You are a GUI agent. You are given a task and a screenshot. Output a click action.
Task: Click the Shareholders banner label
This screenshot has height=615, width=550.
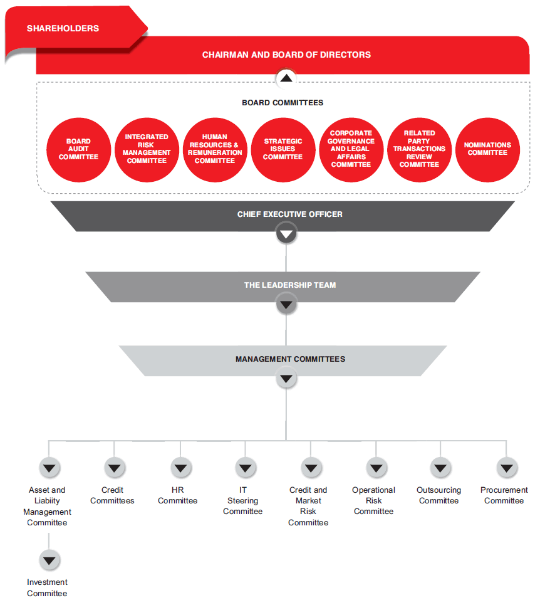[x=63, y=28]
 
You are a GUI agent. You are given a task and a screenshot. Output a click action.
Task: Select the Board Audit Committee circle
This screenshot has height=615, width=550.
[x=78, y=150]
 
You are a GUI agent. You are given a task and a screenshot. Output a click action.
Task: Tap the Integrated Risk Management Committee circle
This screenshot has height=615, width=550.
[x=147, y=150]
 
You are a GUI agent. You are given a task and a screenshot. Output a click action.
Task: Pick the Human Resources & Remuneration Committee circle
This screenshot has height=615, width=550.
[x=215, y=150]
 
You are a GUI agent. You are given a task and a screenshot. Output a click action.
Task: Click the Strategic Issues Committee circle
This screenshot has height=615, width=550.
[x=283, y=150]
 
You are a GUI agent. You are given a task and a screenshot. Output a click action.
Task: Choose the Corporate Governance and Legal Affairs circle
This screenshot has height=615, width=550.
[x=351, y=150]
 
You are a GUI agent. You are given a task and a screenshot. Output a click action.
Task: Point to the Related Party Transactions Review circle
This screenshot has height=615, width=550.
[x=420, y=150]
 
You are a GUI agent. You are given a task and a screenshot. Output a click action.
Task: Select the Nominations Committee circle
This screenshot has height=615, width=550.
[x=487, y=150]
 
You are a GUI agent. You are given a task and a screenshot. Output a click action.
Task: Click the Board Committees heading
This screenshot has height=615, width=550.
[x=283, y=103]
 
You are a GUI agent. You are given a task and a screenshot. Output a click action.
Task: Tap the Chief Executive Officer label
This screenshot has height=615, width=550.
[x=289, y=214]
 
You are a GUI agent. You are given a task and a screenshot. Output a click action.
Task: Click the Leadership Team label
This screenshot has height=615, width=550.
[x=290, y=285]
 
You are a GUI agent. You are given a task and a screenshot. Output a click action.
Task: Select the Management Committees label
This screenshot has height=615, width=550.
[x=291, y=359]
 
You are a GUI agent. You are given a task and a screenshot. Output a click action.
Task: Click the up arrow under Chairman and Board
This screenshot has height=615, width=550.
[x=286, y=78]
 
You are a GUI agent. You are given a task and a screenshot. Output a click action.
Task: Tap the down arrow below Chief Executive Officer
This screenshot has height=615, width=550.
[x=286, y=234]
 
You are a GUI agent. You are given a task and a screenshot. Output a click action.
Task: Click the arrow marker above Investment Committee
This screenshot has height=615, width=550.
[x=49, y=560]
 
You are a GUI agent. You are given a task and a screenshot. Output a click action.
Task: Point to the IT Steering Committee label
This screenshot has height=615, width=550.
[x=242, y=500]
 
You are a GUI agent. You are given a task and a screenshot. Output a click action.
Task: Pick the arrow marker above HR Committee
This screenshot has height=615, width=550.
[x=180, y=468]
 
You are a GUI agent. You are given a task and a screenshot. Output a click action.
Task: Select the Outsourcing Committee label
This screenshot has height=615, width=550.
[x=438, y=495]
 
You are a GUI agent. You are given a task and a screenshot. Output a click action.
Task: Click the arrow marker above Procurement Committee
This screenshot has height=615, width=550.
[x=507, y=468]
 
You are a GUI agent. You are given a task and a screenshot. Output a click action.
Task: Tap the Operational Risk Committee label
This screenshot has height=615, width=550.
[x=373, y=500]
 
